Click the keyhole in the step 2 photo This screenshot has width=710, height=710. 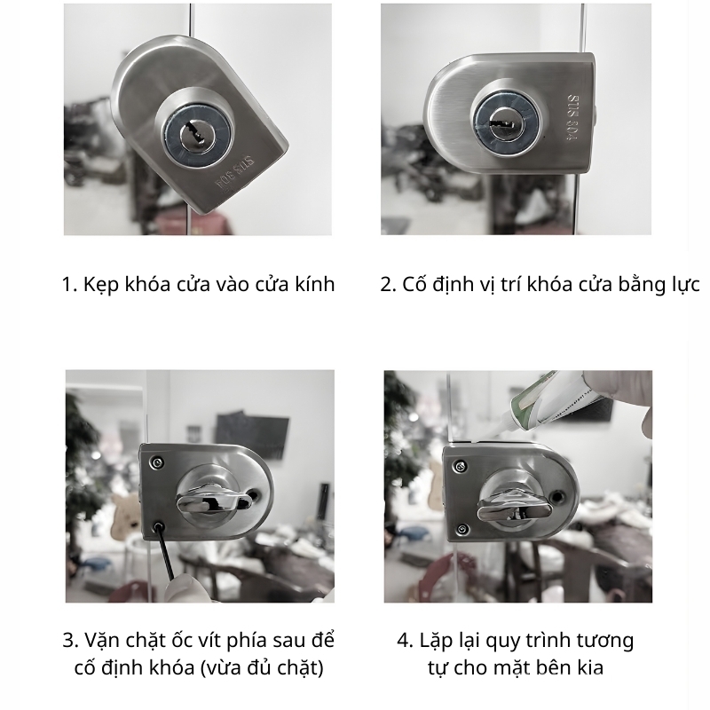tap(504, 122)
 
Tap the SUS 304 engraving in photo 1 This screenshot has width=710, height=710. tap(234, 172)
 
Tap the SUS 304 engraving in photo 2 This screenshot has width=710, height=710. tap(573, 118)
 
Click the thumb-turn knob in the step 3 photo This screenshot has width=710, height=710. tap(214, 501)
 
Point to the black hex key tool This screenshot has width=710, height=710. tap(165, 551)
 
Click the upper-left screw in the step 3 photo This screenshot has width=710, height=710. tap(158, 462)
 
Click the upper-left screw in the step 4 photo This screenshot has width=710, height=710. tap(460, 467)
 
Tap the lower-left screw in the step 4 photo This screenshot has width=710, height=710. tap(462, 529)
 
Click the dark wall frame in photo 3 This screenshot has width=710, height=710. tap(252, 434)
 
